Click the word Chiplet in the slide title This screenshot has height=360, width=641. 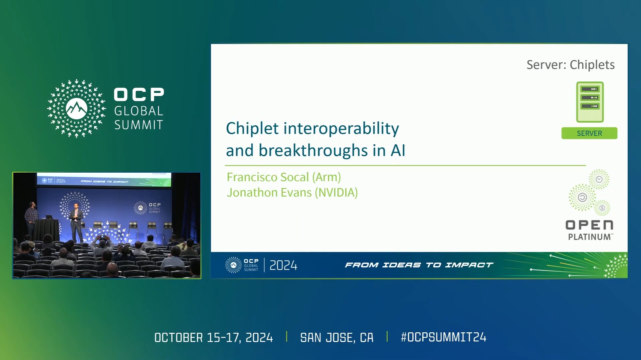(x=252, y=129)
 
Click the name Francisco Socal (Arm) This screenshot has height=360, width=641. (x=284, y=177)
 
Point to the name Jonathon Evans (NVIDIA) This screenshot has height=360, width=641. (x=292, y=193)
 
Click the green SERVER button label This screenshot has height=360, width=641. (x=589, y=133)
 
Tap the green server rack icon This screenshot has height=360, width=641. (x=590, y=102)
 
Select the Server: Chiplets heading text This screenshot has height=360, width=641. (x=571, y=65)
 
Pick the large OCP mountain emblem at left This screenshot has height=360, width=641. (x=76, y=108)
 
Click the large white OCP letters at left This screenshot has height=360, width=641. (x=139, y=95)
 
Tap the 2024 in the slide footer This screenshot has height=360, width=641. (x=283, y=266)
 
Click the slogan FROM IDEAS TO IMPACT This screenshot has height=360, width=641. (x=419, y=265)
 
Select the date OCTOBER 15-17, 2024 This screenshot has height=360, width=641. (x=214, y=338)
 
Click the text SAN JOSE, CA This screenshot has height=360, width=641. (x=337, y=338)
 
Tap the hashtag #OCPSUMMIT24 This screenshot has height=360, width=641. (x=443, y=337)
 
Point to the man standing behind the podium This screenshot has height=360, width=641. (x=32, y=217)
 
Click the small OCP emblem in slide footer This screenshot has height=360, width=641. (x=233, y=265)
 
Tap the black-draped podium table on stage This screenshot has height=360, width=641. (x=46, y=230)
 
